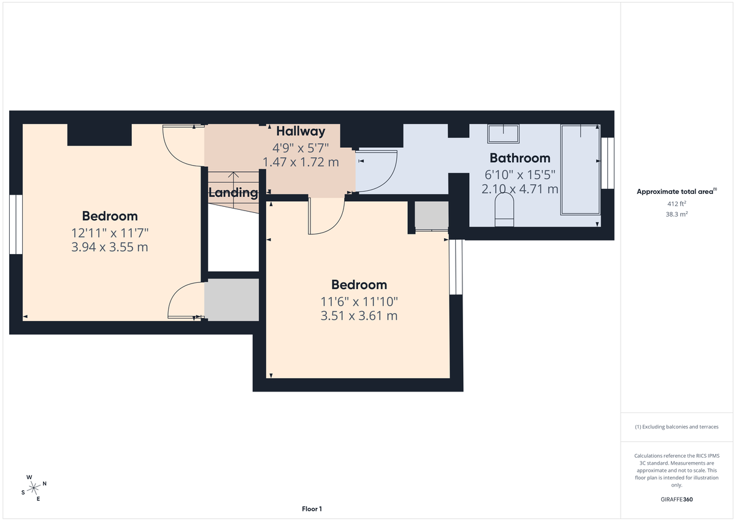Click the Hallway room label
tap(301, 131)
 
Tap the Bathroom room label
tap(519, 158)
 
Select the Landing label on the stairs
tap(233, 193)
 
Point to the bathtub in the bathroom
tap(580, 169)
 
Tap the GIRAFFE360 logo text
tap(676, 500)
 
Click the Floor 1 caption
tap(312, 509)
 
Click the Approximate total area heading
tap(676, 191)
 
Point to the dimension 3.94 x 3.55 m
tap(110, 247)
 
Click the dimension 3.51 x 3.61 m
tap(359, 316)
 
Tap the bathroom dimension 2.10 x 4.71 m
tap(519, 189)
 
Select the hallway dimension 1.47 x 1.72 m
tap(301, 163)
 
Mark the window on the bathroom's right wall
tap(607, 163)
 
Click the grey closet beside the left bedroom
tap(232, 299)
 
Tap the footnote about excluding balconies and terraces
tap(676, 426)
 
